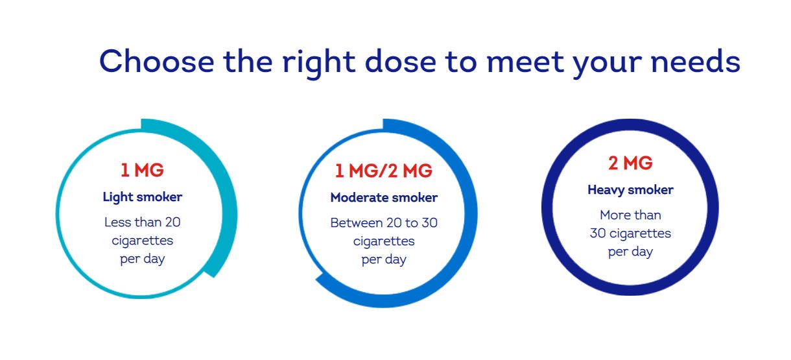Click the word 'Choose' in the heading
click(x=157, y=62)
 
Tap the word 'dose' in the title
click(x=401, y=62)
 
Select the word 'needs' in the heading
click(x=695, y=62)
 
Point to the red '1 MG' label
click(x=142, y=170)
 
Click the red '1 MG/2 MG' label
click(x=383, y=171)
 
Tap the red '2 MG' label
click(x=630, y=163)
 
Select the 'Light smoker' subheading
click(x=142, y=197)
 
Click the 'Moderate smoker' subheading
click(x=384, y=197)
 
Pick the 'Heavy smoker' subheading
click(x=630, y=190)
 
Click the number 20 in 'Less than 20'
click(x=172, y=222)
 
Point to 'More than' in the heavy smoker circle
click(x=630, y=215)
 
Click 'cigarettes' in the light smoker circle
click(x=142, y=241)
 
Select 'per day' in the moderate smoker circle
click(x=384, y=260)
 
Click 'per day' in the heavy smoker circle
click(x=630, y=252)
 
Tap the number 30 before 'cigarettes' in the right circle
click(x=598, y=234)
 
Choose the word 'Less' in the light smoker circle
click(x=118, y=222)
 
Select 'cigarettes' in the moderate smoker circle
click(x=384, y=242)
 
